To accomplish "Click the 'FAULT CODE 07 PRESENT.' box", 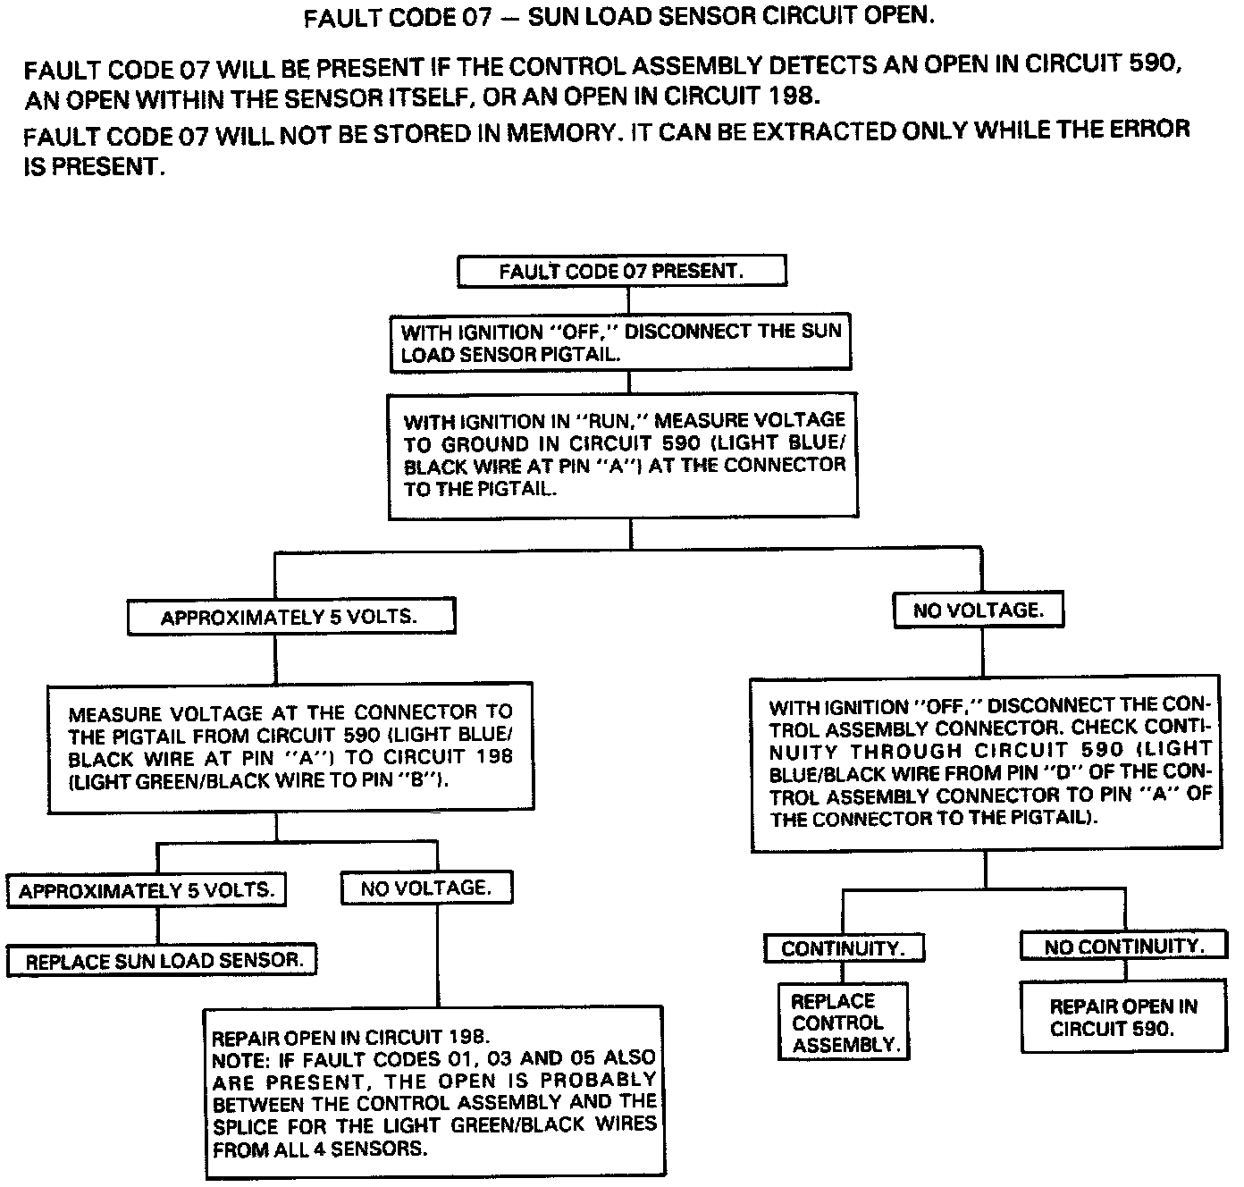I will tap(622, 272).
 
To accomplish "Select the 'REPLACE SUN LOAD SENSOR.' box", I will tap(163, 961).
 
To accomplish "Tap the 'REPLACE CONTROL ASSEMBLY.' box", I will tap(844, 1023).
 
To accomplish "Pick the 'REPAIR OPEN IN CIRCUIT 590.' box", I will tap(1123, 1017).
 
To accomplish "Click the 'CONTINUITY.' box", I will tap(844, 948).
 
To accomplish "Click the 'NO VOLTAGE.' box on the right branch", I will tap(979, 610).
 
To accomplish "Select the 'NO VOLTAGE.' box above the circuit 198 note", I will tap(426, 888).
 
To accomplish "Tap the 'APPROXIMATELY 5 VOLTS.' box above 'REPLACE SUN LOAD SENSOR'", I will tap(147, 891).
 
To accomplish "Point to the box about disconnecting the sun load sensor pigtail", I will tap(621, 342).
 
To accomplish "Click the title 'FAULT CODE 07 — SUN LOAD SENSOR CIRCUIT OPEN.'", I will tap(619, 17).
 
